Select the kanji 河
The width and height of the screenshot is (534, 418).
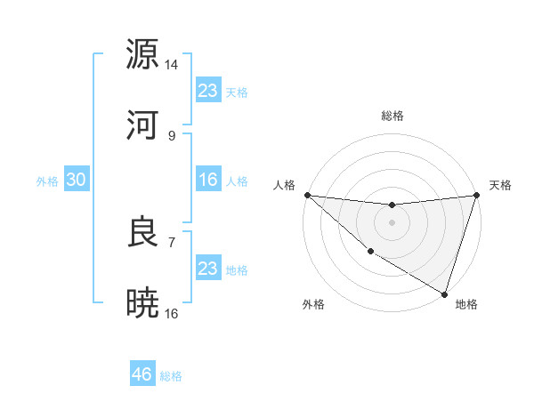coord(143,125)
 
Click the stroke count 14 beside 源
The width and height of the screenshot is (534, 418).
coord(172,65)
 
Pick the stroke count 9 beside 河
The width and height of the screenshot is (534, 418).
coord(172,136)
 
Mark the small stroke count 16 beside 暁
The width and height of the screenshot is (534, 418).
coord(172,314)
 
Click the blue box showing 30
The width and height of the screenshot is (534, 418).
coord(77,180)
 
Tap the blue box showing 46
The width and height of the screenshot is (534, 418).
coord(142,374)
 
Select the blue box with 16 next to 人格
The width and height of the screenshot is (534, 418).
coord(208,180)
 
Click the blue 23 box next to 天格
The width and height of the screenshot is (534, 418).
coord(208,90)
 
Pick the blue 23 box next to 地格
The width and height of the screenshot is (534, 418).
coord(208,269)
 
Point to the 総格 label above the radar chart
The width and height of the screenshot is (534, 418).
coord(392,116)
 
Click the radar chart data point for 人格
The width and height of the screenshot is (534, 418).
coord(307,195)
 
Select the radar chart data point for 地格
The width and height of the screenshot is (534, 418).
coord(444,293)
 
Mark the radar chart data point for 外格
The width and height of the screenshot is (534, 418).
coord(369,253)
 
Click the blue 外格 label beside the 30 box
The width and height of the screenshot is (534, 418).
coord(47,181)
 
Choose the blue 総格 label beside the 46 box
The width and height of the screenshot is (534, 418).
coord(171,376)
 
